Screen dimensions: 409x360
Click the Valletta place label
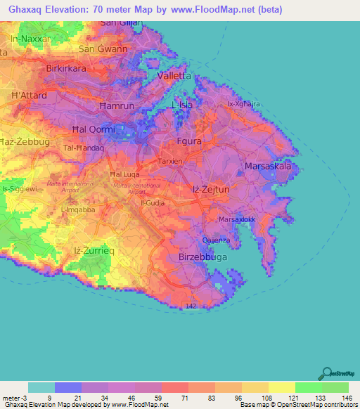point(174,76)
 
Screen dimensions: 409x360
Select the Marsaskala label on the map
point(267,167)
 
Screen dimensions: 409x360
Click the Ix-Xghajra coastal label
point(244,104)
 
